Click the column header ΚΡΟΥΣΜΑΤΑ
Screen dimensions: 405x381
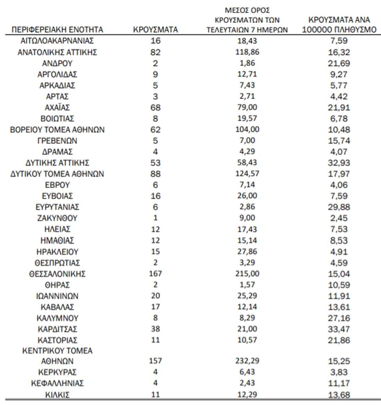tap(155, 30)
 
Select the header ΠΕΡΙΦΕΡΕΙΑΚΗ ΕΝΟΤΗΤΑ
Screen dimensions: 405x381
tap(57, 30)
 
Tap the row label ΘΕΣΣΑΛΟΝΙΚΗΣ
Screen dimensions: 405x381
tap(57, 274)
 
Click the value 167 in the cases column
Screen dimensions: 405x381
tap(155, 274)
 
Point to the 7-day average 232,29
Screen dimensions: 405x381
tap(247, 361)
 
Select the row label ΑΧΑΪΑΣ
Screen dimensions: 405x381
tap(57, 107)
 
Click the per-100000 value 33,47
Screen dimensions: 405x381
tap(339, 329)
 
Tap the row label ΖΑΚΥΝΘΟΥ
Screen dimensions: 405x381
tap(57, 218)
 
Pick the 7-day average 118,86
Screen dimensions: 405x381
tap(247, 52)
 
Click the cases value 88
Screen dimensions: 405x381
tap(155, 174)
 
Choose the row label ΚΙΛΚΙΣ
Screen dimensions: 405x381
tap(57, 394)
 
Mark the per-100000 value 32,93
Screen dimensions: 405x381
tap(339, 163)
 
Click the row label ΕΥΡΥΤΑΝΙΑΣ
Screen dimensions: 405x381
tap(57, 207)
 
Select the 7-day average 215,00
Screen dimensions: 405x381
tap(247, 273)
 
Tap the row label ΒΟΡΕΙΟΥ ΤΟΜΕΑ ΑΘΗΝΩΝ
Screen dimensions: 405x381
tap(57, 129)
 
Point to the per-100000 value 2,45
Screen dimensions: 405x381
tap(339, 218)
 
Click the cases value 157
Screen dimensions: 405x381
tap(155, 361)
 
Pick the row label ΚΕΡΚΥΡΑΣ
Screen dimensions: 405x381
tap(57, 372)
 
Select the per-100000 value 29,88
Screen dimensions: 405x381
tap(339, 207)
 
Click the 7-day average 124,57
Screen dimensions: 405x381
tap(247, 174)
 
